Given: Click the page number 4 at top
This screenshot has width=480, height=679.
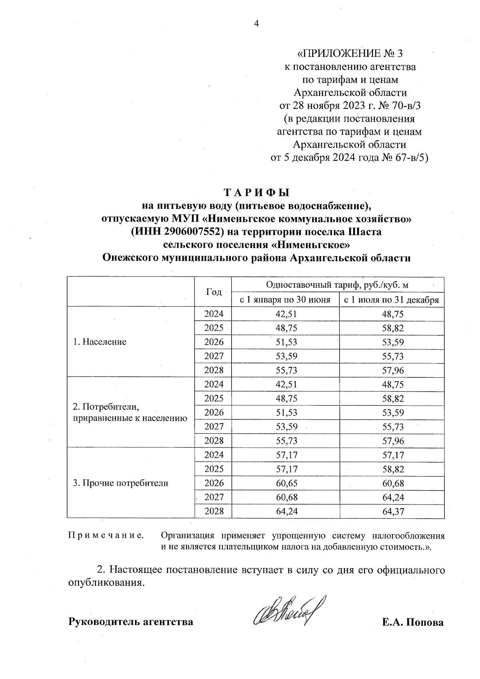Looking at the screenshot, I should tap(256, 24).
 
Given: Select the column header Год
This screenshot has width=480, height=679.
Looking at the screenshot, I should tap(214, 292).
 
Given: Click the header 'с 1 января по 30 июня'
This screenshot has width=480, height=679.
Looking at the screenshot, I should tap(285, 300).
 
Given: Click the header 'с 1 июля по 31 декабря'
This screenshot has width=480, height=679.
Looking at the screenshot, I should tap(392, 300).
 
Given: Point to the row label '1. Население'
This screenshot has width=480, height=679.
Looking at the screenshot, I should tap(100, 342).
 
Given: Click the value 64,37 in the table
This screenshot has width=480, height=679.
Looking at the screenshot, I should tap(393, 511).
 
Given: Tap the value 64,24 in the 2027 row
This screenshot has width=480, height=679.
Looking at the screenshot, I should tap(393, 497).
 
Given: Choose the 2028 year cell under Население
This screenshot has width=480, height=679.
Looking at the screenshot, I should tap(214, 370).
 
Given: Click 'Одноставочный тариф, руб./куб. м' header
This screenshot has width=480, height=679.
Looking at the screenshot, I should tap(337, 285).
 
